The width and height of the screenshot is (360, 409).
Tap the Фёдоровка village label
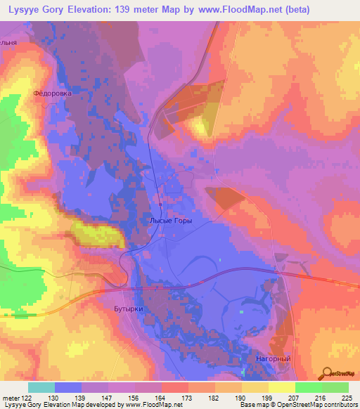pyautogui.click(x=53, y=93)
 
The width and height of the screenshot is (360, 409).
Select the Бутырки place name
pyautogui.click(x=109, y=309)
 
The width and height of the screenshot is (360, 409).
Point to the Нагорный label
pyautogui.click(x=274, y=358)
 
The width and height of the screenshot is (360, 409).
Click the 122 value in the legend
pyautogui.click(x=28, y=397)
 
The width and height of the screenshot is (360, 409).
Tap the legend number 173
pyautogui.click(x=188, y=397)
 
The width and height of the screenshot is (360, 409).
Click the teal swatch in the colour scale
pyautogui.click(x=41, y=387)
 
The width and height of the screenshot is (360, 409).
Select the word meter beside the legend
pyautogui.click(x=11, y=397)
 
